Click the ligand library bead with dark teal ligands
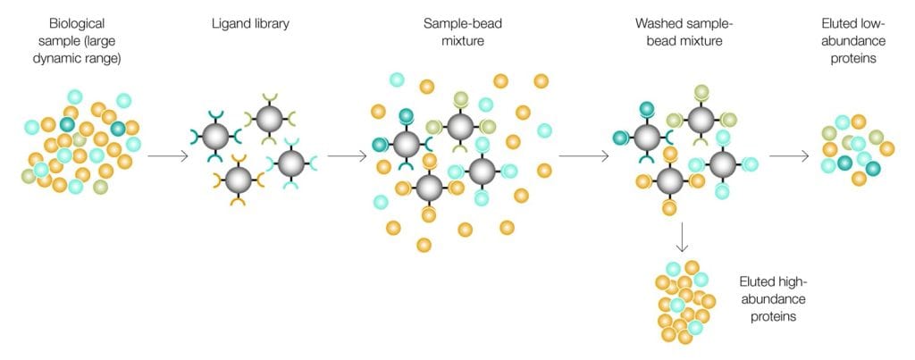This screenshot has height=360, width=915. click(x=214, y=137)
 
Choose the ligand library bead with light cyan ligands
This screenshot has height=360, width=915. click(x=290, y=163)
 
